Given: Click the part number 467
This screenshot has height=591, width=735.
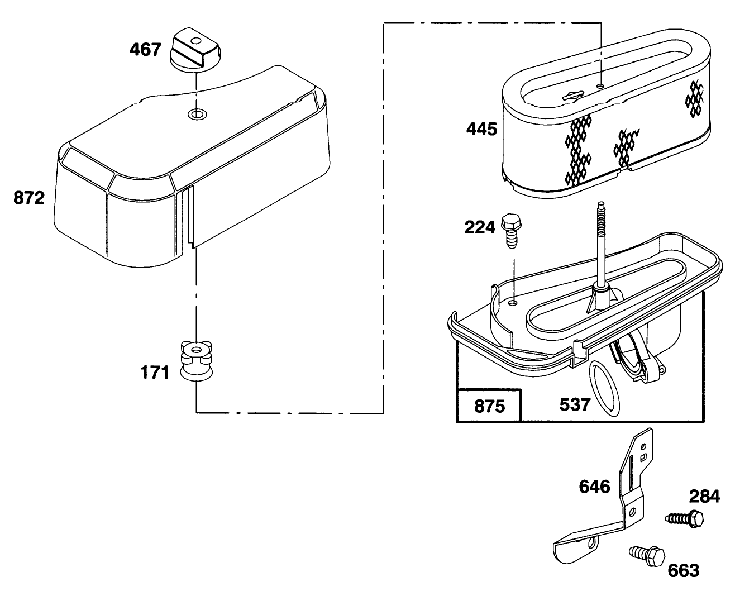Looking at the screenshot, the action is [145, 50].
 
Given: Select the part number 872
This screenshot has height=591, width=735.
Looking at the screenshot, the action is [29, 198].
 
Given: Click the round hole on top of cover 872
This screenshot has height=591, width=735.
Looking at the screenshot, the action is [197, 114].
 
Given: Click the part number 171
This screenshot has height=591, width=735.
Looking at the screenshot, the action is [155, 373].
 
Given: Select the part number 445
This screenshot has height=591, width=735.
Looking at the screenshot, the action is [481, 130].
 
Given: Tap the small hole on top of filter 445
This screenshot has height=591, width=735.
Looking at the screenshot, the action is [600, 85].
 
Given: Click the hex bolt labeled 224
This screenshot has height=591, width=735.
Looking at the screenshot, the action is [511, 231].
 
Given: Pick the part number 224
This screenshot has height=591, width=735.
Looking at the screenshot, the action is [480, 227].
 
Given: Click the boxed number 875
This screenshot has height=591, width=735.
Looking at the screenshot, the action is [489, 407].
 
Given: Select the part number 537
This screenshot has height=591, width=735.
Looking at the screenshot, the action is [575, 405].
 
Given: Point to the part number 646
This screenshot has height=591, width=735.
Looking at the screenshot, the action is [594, 487].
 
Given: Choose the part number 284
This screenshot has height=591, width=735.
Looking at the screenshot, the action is [704, 497].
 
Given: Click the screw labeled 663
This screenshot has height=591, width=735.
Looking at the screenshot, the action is [647, 556].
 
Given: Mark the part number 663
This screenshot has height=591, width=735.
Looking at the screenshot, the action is [684, 570].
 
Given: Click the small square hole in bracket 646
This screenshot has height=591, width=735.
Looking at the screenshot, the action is [643, 457].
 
